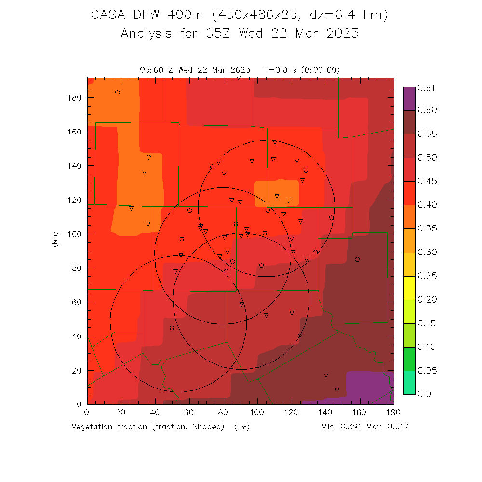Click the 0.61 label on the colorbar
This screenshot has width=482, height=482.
coord(427,88)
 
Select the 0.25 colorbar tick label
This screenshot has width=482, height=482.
coord(427,276)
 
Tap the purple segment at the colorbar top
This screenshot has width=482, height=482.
coord(409,98)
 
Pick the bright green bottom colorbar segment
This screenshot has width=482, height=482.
coord(409,382)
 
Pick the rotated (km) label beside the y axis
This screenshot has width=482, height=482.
coord(54,240)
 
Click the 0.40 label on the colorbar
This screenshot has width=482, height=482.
coord(427,205)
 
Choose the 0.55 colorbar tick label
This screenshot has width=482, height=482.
coord(427,134)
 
